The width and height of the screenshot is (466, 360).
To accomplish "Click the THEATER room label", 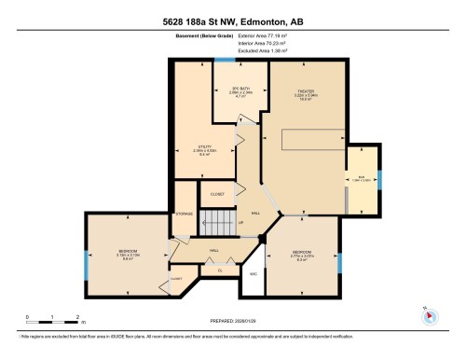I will pos(307,91).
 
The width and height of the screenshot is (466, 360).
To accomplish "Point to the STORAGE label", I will pos(184,214).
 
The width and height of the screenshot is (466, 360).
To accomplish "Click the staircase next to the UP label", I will pos(219,223).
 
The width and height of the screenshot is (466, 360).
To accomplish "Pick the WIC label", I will pos(253,274).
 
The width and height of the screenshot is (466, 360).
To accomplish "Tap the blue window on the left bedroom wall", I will pos(85,265).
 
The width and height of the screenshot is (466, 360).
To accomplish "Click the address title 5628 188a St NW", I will pos(232,21).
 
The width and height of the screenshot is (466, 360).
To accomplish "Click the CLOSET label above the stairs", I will pos(216,194).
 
